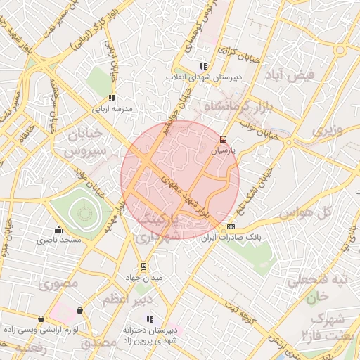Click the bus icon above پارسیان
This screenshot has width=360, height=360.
(224, 139)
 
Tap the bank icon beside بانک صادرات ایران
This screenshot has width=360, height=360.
(231, 227)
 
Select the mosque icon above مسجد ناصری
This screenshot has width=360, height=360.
(58, 229)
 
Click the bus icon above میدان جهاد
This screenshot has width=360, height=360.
(143, 266)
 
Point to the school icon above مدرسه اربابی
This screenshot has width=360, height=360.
(111, 98)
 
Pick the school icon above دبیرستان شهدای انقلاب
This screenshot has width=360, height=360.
(203, 66)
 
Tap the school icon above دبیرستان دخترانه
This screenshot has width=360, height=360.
(149, 319)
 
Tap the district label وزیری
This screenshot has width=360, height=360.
(327, 131)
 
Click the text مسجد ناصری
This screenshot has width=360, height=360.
(55, 240)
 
